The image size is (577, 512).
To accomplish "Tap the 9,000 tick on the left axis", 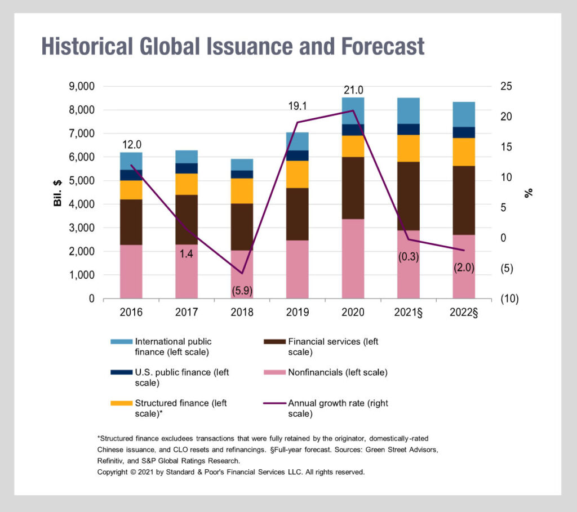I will (82, 87).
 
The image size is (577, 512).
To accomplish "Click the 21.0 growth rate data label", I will (353, 90).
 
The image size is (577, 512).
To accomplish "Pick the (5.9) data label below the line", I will (242, 292).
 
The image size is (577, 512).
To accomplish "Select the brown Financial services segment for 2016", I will (131, 222).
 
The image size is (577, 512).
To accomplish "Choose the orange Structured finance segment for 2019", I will (298, 174).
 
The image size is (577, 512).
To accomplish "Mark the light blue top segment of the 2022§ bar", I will (464, 114).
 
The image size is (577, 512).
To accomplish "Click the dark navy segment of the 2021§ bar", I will (409, 129).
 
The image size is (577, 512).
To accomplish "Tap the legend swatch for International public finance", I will (121, 341).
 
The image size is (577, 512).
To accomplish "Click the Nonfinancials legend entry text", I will (338, 372).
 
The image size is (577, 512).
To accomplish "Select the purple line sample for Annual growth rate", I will (274, 403).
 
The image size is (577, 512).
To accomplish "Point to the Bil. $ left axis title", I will (58, 193).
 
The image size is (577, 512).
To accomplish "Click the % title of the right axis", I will (529, 193).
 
